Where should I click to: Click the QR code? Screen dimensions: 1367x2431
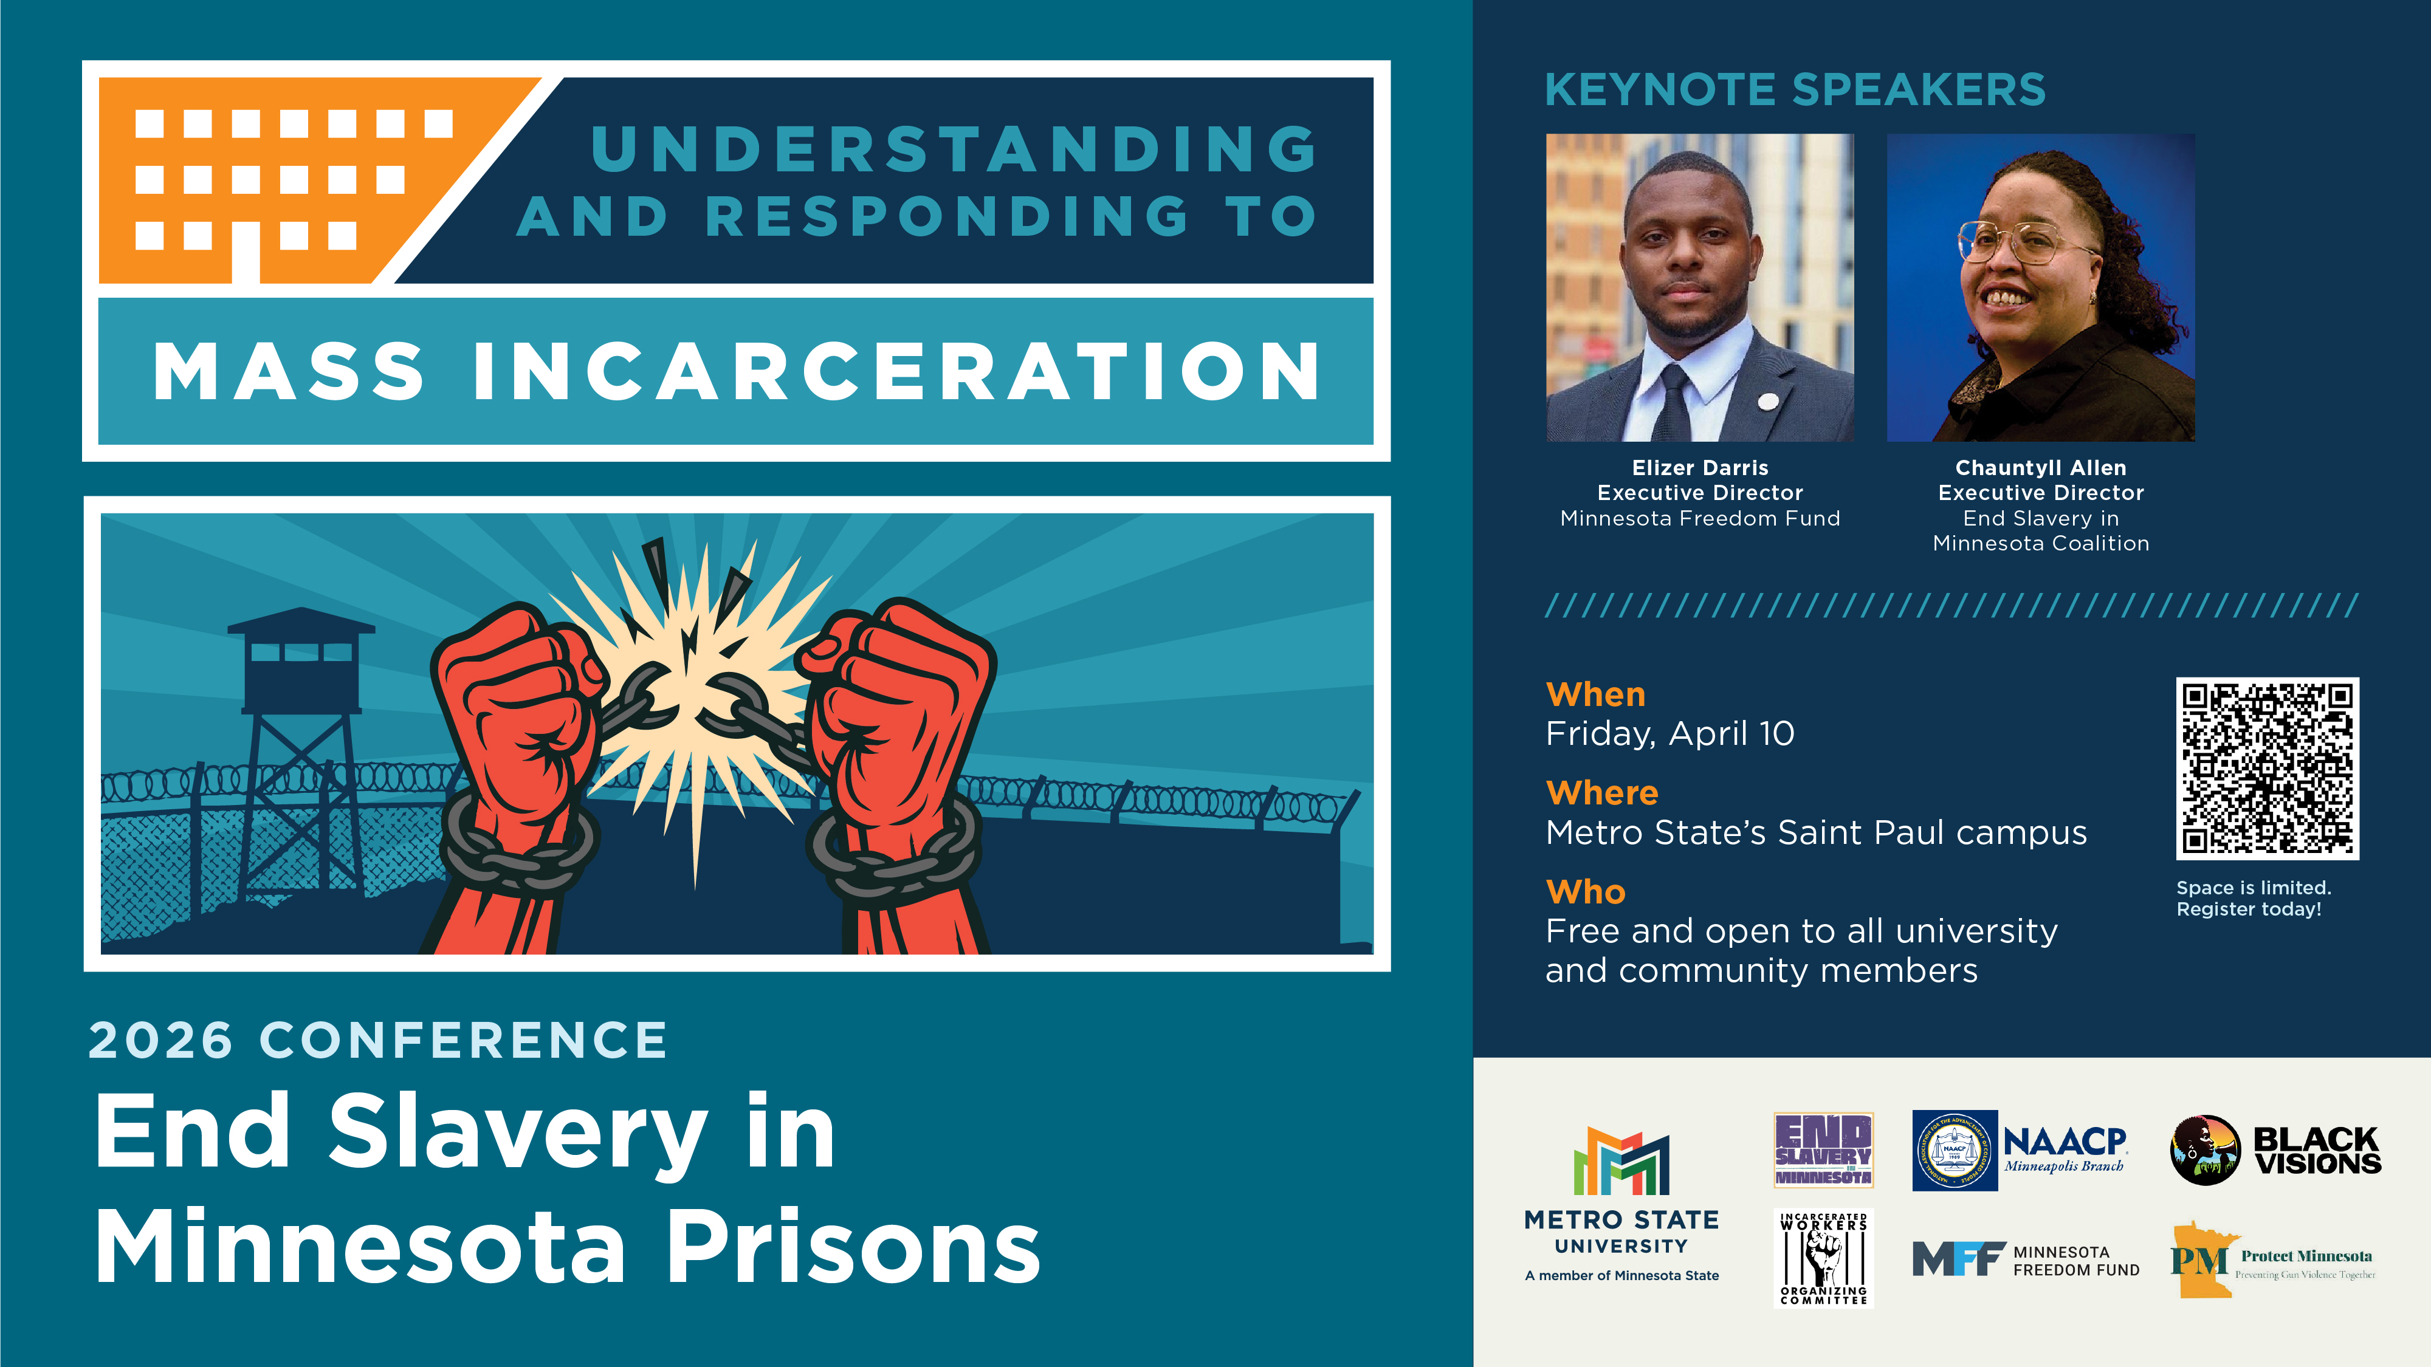click(2267, 768)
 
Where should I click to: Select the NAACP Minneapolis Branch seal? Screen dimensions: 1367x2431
click(1953, 1150)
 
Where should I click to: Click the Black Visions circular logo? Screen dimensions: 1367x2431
click(2204, 1150)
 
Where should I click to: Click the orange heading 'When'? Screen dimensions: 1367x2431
click(1595, 694)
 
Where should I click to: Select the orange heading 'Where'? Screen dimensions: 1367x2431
click(1601, 792)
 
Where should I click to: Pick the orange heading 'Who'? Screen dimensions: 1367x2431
click(1586, 891)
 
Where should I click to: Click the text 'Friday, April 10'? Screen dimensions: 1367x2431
click(1669, 734)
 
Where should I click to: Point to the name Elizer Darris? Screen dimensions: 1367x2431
click(1700, 468)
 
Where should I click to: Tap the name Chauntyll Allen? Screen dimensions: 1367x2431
click(2040, 468)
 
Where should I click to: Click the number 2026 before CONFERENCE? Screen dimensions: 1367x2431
click(160, 1041)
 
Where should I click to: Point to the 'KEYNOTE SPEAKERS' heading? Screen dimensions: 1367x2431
click(1795, 91)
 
